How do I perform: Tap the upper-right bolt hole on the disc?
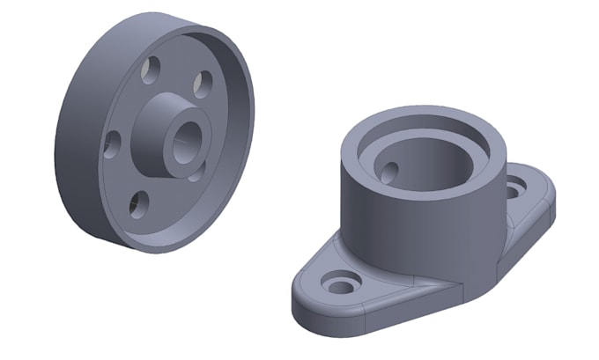tap(202, 84)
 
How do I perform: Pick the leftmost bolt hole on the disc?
tap(112, 143)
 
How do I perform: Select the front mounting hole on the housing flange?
tap(339, 284)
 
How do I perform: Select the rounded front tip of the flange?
tap(304, 295)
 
